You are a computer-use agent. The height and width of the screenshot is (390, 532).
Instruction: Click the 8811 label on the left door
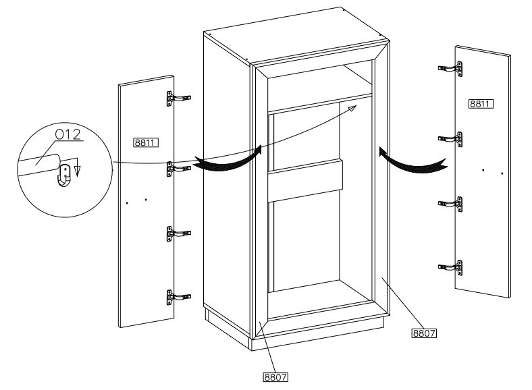pos(146,142)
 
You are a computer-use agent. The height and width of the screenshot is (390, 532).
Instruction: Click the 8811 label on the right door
pos(481,103)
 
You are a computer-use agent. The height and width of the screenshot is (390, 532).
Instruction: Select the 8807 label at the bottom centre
pos(275,377)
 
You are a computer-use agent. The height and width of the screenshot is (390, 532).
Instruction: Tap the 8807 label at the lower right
pos(424,333)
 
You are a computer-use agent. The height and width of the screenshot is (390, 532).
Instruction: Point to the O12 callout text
pos(68,135)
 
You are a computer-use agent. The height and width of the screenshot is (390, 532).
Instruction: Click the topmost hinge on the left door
pos(178,99)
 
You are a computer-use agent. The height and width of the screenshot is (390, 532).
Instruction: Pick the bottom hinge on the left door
pos(178,298)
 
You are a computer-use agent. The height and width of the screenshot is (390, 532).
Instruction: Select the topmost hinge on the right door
pos(450,69)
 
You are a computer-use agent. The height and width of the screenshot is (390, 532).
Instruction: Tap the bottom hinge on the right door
pos(450,268)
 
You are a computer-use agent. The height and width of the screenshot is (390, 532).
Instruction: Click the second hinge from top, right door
pos(450,139)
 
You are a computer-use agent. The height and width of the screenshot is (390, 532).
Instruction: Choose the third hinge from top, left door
pos(178,234)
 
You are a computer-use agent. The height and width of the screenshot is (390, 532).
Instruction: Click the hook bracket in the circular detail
pos(64,175)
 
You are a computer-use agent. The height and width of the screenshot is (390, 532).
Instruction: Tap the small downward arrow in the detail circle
pos(78,167)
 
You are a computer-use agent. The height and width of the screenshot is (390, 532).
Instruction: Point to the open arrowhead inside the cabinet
pos(352,108)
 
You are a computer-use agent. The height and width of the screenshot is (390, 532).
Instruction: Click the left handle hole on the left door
pos(127,203)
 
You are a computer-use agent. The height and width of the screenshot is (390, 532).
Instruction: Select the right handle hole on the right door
pos(502,173)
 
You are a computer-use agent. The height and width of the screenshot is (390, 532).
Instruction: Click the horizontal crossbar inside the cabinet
pos(304,180)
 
